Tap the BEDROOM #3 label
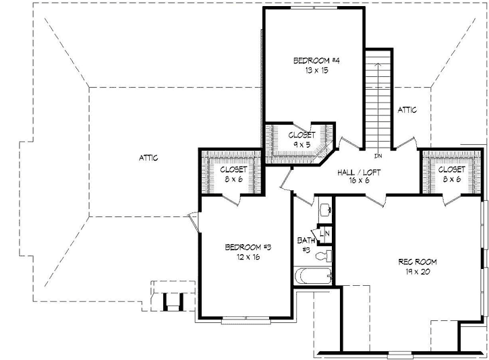pos(248,247)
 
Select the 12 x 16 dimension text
pos(248,257)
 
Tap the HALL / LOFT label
pos(359,173)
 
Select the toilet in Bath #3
pos(326,255)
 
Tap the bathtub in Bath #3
pos(314,275)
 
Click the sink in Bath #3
pos(325,209)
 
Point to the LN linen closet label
pos(324,234)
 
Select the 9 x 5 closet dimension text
pos(301,144)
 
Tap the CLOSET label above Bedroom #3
pos(231,170)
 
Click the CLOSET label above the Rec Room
pos(451,170)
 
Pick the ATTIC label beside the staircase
pos(407,109)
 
